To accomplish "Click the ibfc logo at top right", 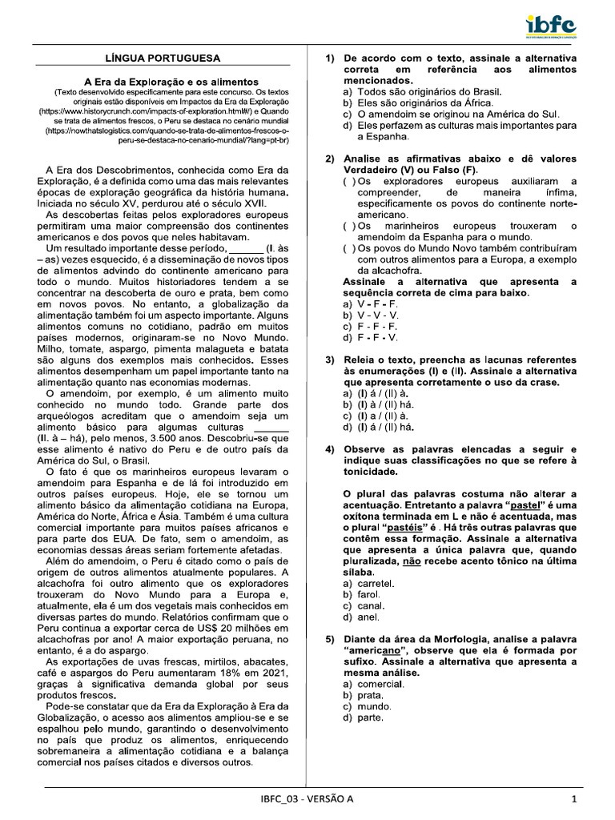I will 551,26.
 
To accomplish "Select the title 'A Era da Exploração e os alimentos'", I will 171,82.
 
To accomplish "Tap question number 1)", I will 330,58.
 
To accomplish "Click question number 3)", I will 330,360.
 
